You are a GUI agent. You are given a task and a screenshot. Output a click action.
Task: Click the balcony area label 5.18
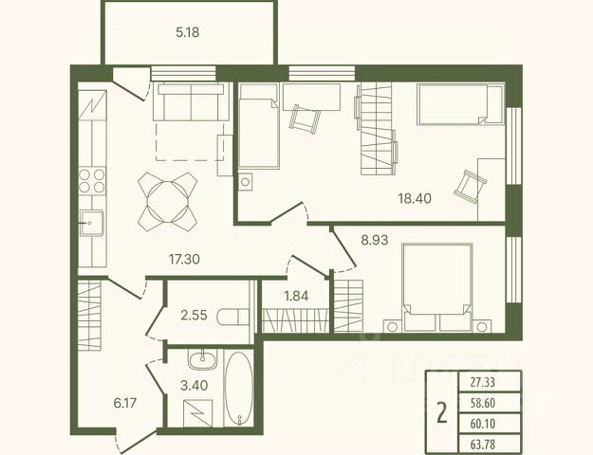[188, 32]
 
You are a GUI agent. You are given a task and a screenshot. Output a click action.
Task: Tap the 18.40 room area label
[415, 198]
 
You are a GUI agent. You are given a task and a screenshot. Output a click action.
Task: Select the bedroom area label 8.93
[375, 240]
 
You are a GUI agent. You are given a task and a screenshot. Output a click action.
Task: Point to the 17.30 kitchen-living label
[184, 259]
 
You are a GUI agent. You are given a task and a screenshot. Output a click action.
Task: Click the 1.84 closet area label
[296, 296]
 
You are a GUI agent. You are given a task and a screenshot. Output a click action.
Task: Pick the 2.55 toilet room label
[194, 315]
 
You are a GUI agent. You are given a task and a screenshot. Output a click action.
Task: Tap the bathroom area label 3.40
[194, 386]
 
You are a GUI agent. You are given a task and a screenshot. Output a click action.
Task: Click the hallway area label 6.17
[125, 403]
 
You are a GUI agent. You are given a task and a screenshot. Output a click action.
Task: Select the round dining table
[168, 202]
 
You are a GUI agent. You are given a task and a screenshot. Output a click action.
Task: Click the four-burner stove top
[92, 181]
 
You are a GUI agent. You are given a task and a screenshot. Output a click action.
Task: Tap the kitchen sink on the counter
[91, 223]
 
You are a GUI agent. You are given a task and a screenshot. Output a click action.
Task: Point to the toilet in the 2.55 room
[233, 317]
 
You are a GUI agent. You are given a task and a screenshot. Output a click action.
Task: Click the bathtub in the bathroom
[238, 388]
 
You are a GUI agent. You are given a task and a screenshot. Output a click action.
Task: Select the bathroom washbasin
[203, 359]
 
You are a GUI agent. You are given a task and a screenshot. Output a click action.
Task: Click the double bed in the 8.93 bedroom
[437, 288]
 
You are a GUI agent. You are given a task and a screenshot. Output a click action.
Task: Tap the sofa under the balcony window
[191, 101]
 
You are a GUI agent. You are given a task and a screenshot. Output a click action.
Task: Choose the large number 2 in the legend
[442, 412]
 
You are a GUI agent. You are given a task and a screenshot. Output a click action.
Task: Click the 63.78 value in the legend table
[483, 444]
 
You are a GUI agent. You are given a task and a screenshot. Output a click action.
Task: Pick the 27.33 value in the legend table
[483, 382]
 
